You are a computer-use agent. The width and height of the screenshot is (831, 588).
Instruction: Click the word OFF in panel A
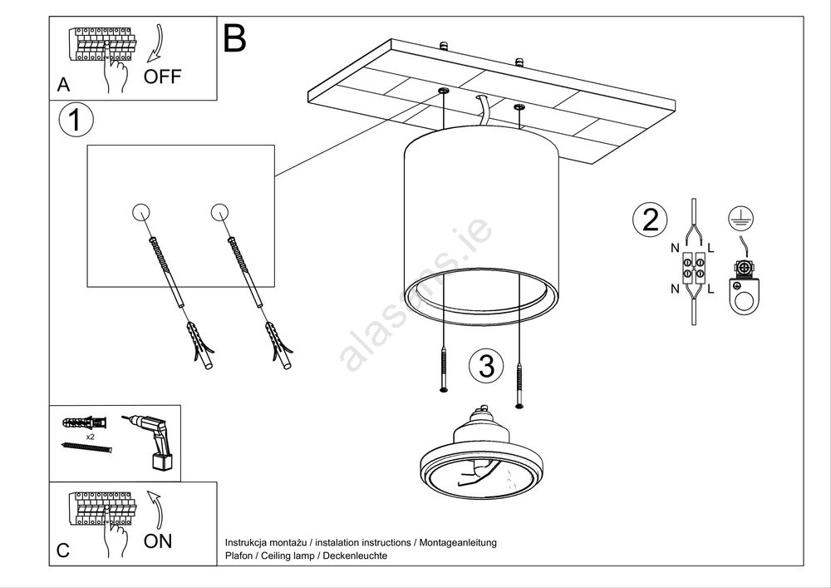(x=162, y=77)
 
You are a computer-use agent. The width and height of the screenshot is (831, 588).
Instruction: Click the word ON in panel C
(x=158, y=541)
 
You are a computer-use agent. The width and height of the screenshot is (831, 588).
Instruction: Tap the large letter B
(x=235, y=38)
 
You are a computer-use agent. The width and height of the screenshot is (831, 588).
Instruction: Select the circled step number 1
(x=76, y=121)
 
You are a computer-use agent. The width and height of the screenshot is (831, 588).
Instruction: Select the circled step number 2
(x=650, y=220)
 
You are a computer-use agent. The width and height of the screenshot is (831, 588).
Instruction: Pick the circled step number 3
(x=486, y=365)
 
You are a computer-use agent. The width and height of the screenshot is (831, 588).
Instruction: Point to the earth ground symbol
(x=735, y=217)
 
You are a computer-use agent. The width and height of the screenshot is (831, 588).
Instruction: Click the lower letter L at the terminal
(x=713, y=289)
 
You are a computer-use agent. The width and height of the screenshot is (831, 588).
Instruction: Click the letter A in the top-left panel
(x=63, y=85)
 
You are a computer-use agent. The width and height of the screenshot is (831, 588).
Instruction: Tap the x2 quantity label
(x=89, y=436)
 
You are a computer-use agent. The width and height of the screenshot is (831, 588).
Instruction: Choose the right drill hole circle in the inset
(x=220, y=211)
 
